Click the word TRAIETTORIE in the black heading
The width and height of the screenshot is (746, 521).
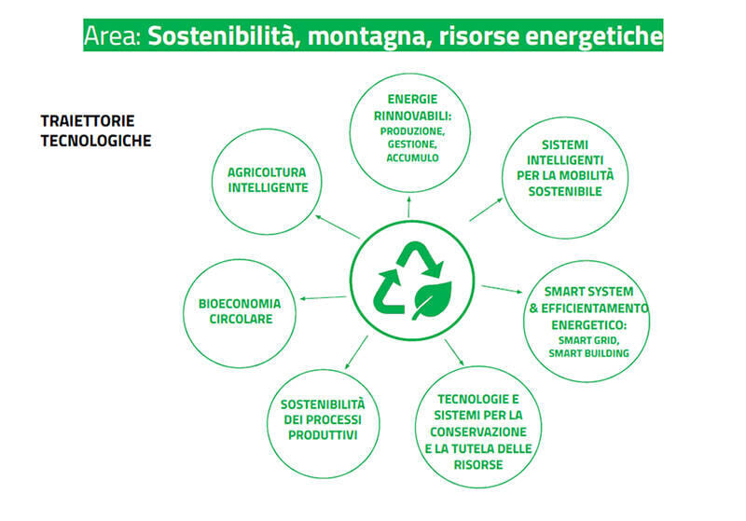click(x=88, y=121)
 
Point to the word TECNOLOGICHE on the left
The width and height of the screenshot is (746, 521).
click(x=96, y=141)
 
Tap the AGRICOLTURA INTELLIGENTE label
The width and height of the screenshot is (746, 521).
click(x=267, y=180)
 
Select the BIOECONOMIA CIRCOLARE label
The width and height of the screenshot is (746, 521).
click(x=240, y=311)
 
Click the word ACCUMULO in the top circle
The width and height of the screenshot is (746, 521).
click(x=412, y=158)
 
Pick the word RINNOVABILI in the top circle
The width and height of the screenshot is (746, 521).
click(x=411, y=116)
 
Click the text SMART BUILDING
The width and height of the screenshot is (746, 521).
click(x=588, y=353)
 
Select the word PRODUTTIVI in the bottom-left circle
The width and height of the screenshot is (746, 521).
click(x=323, y=435)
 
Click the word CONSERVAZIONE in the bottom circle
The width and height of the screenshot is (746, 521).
click(x=478, y=432)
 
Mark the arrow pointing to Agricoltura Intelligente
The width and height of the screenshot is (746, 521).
click(x=337, y=226)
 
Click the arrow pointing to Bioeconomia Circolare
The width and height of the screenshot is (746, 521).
click(x=323, y=298)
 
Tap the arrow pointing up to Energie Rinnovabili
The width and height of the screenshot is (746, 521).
click(x=408, y=205)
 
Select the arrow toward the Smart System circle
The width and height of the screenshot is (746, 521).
click(x=502, y=289)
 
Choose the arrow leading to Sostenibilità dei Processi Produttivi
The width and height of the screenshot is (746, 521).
click(x=356, y=352)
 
